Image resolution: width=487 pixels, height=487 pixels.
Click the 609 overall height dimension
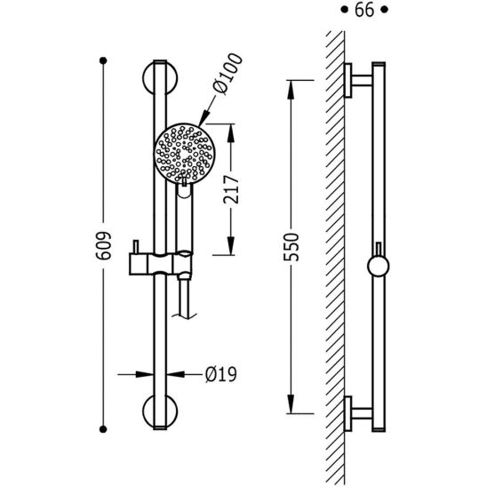point(103,245)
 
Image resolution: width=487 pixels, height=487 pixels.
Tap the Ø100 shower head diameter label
point(228,74)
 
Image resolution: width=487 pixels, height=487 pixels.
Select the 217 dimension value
point(231,189)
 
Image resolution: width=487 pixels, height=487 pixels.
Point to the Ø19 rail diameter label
point(220,374)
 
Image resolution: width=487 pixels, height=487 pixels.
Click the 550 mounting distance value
point(291,247)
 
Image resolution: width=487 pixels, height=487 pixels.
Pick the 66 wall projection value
point(364,10)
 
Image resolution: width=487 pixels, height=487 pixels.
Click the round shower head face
point(185,153)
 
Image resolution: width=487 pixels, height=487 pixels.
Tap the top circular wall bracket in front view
point(160,77)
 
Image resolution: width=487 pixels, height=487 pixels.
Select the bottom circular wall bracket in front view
point(160,411)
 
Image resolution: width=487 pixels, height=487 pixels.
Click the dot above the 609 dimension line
point(103,60)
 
